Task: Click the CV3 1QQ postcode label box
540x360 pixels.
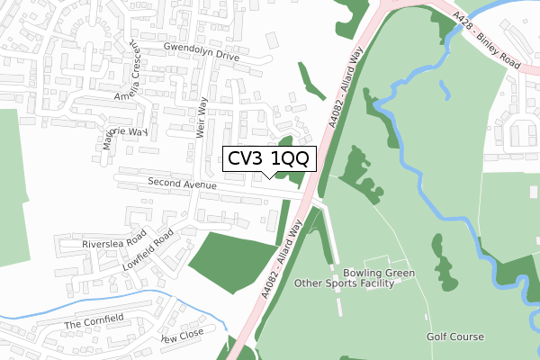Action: click(268, 158)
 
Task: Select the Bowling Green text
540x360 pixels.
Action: click(379, 272)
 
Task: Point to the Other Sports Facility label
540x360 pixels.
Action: click(345, 283)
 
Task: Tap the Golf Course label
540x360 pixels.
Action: click(455, 337)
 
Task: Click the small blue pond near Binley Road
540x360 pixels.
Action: click(445, 87)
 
